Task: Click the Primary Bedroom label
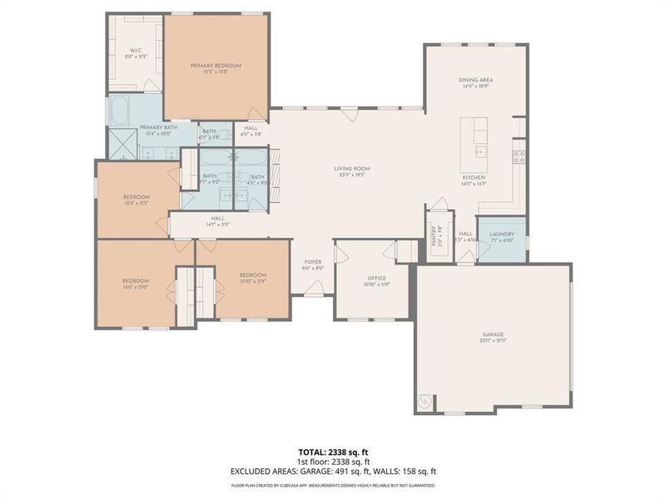(x=216, y=66)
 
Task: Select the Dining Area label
(x=476, y=80)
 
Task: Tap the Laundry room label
(x=502, y=235)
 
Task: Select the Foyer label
(x=312, y=262)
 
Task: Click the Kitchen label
(x=474, y=178)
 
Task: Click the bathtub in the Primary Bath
(x=120, y=111)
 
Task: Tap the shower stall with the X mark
(x=124, y=146)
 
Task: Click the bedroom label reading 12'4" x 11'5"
(x=136, y=197)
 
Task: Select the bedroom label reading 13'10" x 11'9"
(x=252, y=275)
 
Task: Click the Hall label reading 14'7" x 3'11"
(x=218, y=219)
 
